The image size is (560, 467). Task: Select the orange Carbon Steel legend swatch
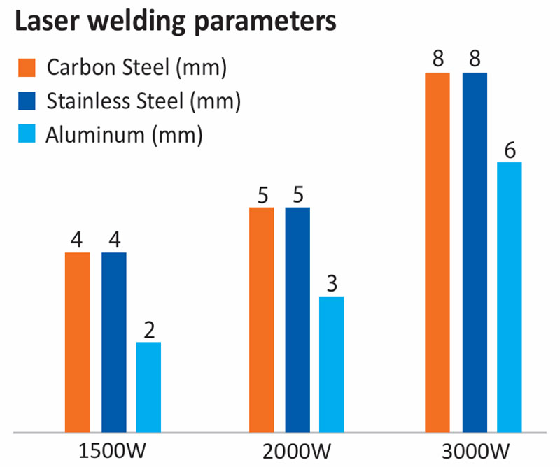[x=26, y=69]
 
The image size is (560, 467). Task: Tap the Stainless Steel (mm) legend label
[x=143, y=101]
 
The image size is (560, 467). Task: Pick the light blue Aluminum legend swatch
[x=26, y=134]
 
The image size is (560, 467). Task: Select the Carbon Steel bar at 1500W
[x=77, y=343]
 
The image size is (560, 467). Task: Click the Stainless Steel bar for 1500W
[x=113, y=343]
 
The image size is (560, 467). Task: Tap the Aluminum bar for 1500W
[x=148, y=387]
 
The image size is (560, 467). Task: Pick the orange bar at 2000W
[x=262, y=319]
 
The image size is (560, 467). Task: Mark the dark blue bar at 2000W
[x=297, y=319]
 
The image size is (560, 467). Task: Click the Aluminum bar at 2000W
[x=332, y=364]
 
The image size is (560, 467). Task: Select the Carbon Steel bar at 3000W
[x=438, y=252]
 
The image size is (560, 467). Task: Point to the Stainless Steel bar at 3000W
[x=475, y=252]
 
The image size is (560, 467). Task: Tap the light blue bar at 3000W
[x=510, y=297]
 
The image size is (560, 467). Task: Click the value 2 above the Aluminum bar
[x=148, y=329]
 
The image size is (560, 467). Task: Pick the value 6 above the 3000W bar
[x=510, y=150]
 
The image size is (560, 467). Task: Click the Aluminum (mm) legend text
[x=124, y=134]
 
